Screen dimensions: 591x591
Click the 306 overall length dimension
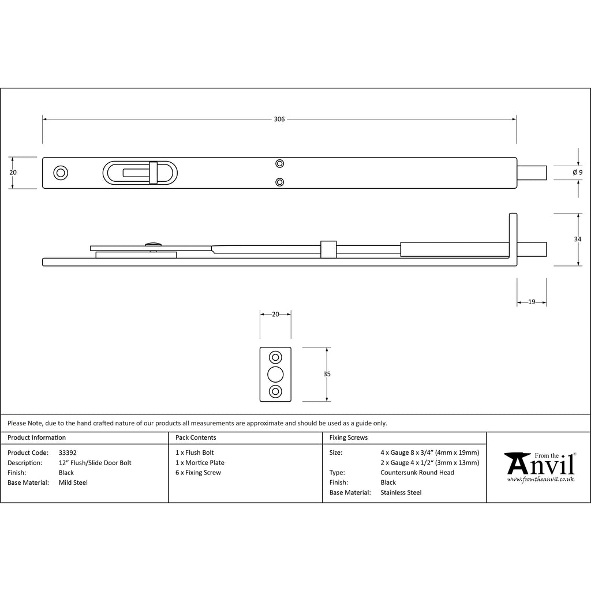coord(279,119)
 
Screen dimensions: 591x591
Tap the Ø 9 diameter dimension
coord(577,173)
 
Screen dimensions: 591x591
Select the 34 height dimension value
coord(577,239)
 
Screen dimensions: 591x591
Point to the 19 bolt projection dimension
coord(532,302)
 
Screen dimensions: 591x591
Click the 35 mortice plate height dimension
coord(327,374)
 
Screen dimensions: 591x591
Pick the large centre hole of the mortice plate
coord(275,374)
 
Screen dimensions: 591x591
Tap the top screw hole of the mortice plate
coord(275,357)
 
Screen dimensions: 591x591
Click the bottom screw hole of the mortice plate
coord(275,392)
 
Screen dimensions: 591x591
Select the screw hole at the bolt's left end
coord(61,173)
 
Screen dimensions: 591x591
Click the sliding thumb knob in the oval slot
coord(153,173)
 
